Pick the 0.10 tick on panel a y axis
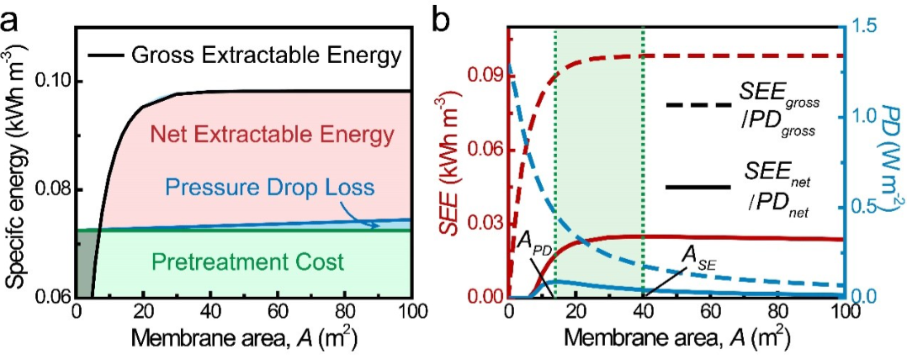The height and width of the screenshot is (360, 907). tap(52, 82)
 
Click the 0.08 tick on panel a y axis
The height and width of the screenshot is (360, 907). tap(52, 189)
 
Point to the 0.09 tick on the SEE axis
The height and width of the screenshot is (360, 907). tap(485, 75)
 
